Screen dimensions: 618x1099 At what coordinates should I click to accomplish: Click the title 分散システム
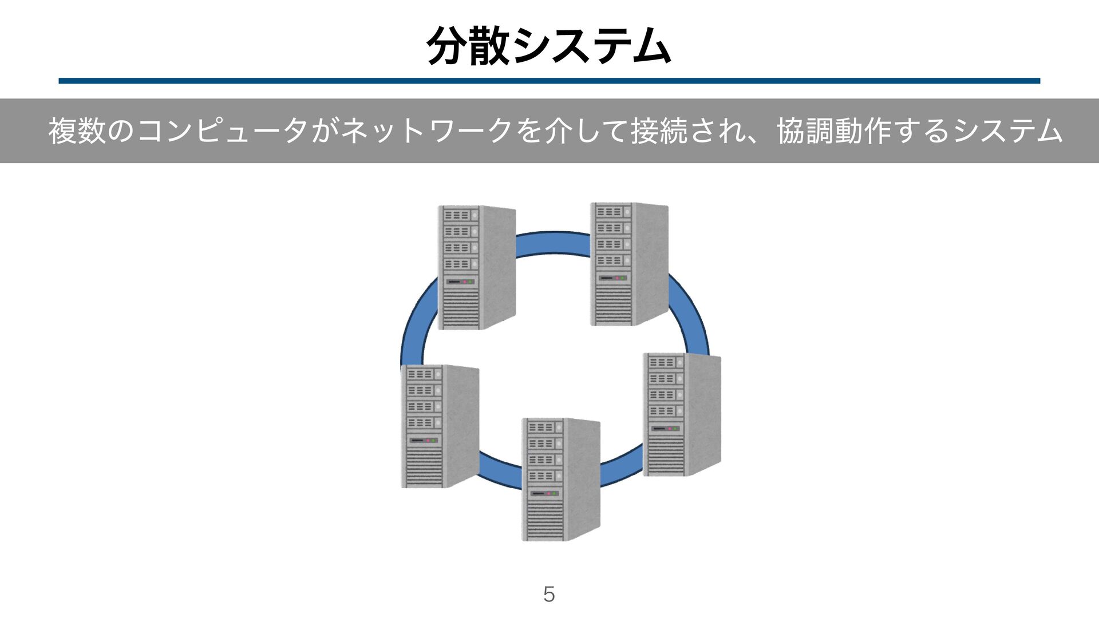548,46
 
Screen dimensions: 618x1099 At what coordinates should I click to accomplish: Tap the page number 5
549,595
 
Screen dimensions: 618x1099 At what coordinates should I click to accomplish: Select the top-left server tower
477,267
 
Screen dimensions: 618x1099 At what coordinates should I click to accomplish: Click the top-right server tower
629,264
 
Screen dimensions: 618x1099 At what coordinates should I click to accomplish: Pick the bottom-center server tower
560,480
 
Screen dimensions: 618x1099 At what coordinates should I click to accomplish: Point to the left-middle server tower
440,426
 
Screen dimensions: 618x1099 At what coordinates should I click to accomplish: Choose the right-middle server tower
682,414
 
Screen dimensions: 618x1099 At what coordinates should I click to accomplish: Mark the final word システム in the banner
1007,131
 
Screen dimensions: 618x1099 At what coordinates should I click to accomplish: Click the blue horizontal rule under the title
548,81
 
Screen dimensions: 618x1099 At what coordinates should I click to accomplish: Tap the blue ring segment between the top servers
553,243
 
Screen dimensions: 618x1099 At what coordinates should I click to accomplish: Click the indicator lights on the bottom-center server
551,493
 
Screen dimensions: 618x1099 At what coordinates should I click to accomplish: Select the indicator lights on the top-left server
468,282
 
